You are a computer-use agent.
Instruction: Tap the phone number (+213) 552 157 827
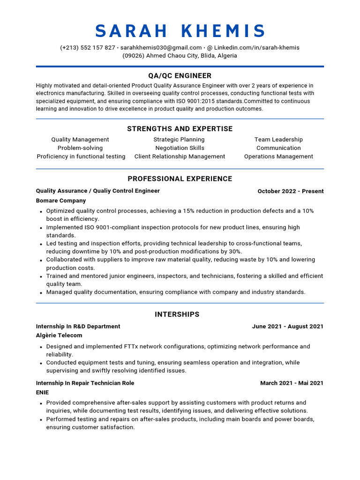click(x=88, y=47)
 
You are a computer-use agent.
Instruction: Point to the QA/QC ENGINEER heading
click(x=180, y=76)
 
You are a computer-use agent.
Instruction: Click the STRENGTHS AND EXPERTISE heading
click(x=180, y=129)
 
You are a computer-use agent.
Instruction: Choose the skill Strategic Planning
click(x=179, y=140)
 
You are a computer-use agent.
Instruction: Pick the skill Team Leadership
click(x=278, y=140)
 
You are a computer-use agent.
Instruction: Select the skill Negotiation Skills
click(x=180, y=148)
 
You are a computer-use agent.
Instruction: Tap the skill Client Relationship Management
click(x=180, y=157)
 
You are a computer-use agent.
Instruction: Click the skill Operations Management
click(x=278, y=157)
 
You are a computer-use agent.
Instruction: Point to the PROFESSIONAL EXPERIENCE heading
click(x=180, y=179)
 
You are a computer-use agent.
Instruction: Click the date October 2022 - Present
click(x=291, y=191)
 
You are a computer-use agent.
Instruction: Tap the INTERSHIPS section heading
click(x=177, y=315)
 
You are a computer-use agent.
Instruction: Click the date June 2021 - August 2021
click(x=288, y=326)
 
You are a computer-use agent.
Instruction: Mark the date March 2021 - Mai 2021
click(x=292, y=383)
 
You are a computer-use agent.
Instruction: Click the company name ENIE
click(x=42, y=392)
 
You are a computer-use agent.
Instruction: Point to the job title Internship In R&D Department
click(x=78, y=326)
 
